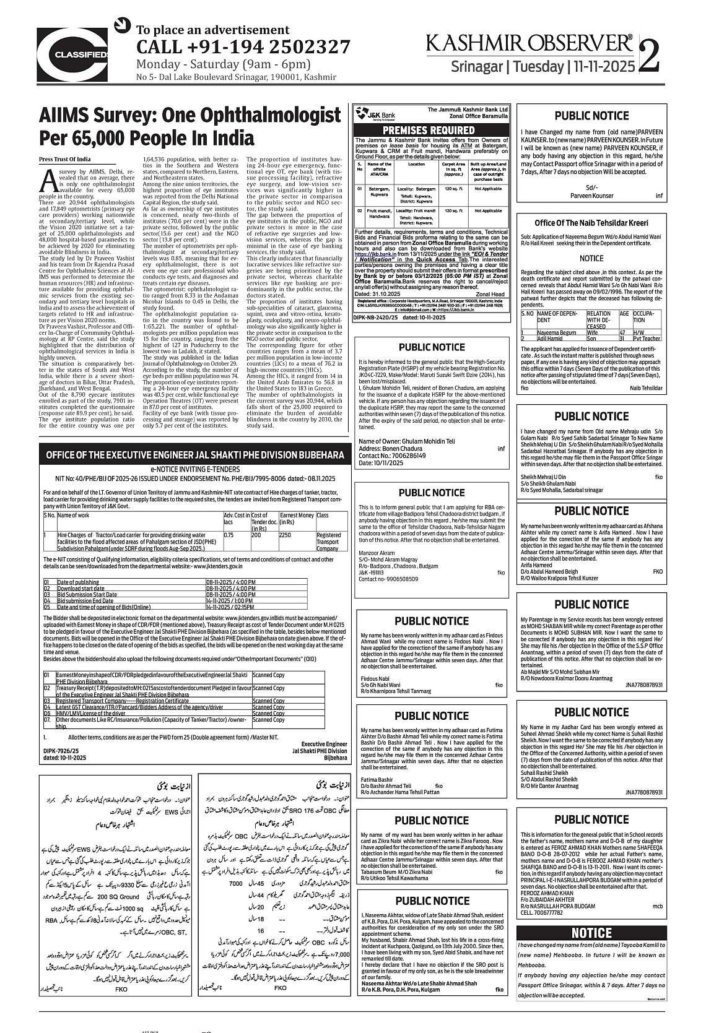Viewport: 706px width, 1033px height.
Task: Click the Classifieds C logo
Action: point(73,53)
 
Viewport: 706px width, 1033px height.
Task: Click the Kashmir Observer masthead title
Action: point(529,43)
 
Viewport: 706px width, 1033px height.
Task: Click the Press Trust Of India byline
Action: point(65,159)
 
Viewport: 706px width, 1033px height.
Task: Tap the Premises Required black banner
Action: point(429,130)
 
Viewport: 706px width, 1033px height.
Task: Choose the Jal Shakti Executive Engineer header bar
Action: point(194,455)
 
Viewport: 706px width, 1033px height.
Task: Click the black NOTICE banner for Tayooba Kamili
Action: point(591,933)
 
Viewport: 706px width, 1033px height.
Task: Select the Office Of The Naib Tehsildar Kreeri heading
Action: point(591,223)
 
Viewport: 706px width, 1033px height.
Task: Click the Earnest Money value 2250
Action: point(285,535)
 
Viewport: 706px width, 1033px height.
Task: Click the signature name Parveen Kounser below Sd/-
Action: point(591,196)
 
